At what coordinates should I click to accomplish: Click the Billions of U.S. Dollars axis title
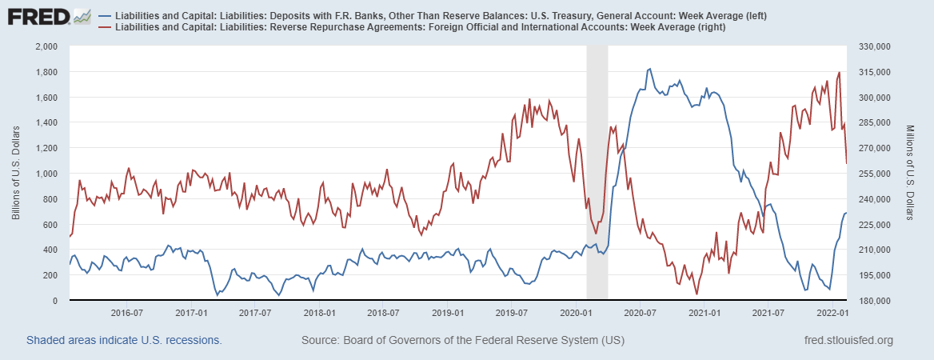18,174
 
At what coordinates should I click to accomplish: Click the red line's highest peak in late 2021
839,73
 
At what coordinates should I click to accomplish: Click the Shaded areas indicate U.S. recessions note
124,341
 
